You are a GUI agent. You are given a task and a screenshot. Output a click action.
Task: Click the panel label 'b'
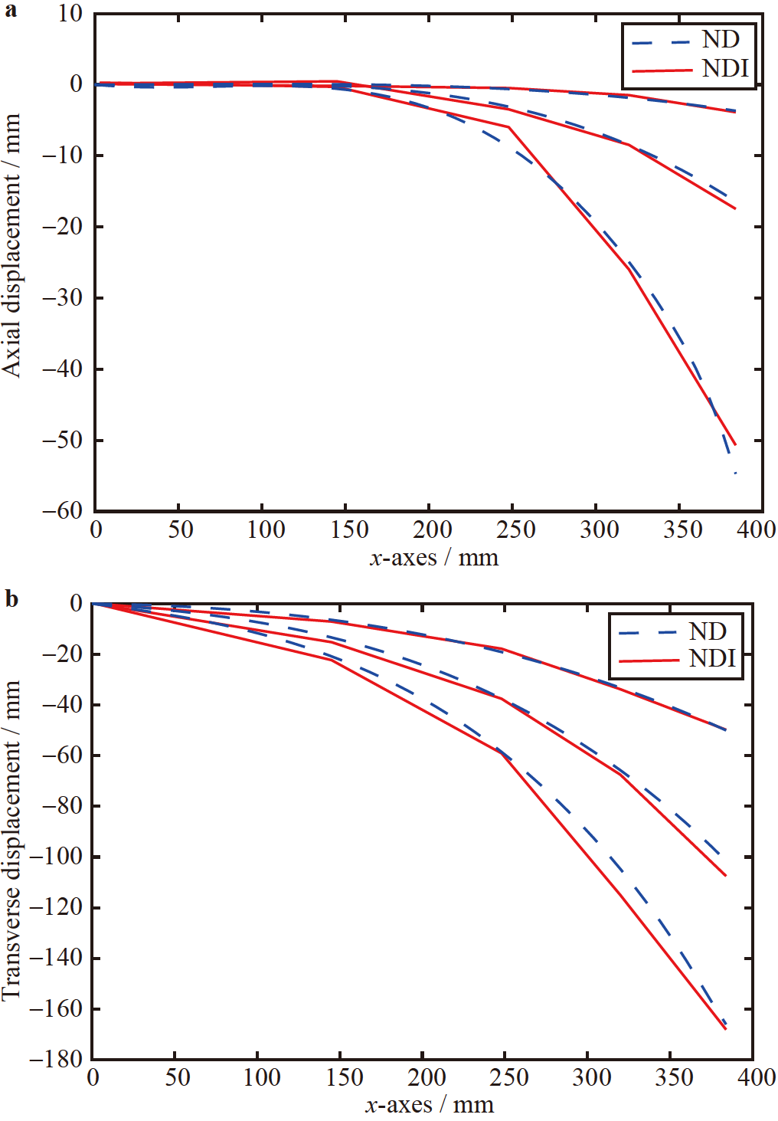tap(11, 598)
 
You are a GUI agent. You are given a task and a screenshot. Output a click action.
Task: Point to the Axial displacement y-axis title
tap(11, 245)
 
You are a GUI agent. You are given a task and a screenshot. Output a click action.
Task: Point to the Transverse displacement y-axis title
tap(11, 839)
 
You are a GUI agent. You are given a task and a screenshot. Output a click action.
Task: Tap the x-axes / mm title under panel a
tap(433, 557)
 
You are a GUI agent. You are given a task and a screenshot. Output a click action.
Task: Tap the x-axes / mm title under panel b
tap(429, 1105)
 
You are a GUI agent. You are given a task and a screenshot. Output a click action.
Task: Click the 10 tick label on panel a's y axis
tap(70, 13)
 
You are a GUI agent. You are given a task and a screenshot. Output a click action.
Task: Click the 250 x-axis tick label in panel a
tap(515, 529)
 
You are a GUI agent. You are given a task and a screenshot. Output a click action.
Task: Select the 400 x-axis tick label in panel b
tap(756, 1077)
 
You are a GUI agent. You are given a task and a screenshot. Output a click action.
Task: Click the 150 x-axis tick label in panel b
tap(345, 1077)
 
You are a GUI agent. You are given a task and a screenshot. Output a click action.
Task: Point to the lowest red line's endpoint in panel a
tap(735, 444)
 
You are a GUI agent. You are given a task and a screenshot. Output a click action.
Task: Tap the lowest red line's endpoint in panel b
tap(725, 1029)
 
